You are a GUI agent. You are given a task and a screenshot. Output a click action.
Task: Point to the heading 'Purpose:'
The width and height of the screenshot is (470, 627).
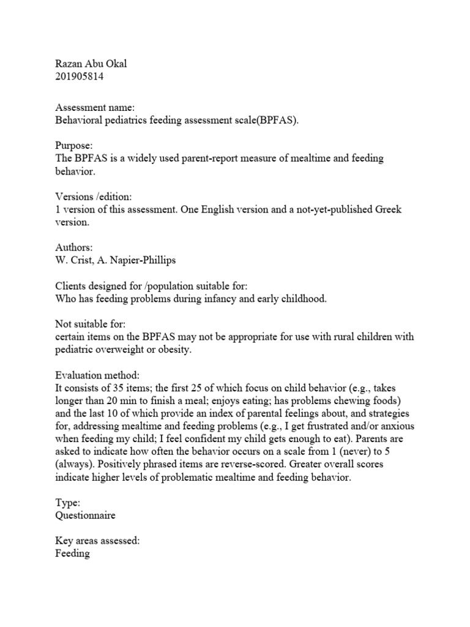pyautogui.click(x=73, y=145)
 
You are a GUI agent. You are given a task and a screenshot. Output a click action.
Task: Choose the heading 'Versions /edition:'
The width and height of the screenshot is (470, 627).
pyautogui.click(x=93, y=197)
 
